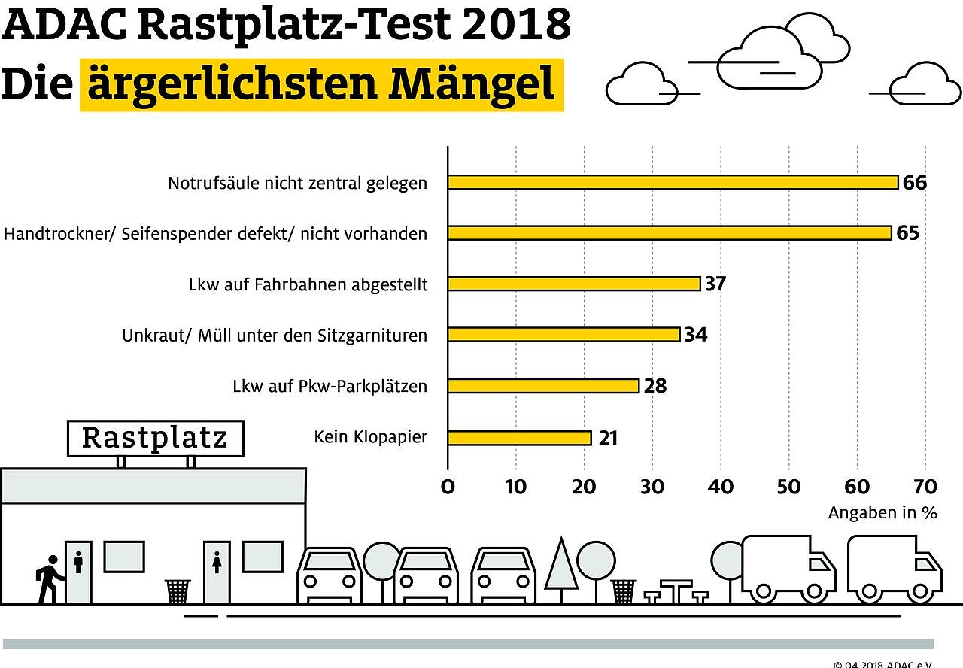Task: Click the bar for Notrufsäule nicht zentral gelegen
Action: point(673,182)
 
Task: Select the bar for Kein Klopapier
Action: point(519,437)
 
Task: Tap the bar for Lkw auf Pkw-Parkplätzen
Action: point(543,386)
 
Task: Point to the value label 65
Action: point(907,233)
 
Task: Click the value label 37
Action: point(715,284)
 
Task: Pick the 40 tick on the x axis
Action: point(721,487)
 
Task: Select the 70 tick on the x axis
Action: point(925,487)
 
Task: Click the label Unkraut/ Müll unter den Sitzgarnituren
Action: point(275,336)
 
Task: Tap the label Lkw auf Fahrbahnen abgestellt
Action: point(308,285)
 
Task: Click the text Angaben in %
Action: point(882,513)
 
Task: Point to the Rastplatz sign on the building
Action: point(155,438)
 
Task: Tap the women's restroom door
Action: point(217,572)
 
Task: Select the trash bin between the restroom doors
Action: point(178,591)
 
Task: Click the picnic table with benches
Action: point(676,591)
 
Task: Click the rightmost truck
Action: point(894,569)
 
